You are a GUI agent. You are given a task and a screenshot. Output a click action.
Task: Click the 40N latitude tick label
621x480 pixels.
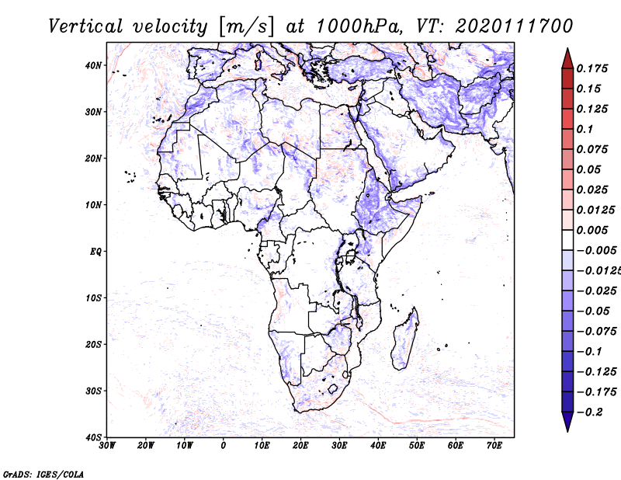93,65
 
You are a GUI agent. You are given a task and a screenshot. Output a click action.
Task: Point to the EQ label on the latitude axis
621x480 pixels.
95,252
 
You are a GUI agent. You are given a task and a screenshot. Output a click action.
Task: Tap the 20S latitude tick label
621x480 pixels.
93,344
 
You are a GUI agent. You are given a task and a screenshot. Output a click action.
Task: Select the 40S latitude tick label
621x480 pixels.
93,437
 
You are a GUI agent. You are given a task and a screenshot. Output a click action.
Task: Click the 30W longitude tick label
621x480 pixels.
107,446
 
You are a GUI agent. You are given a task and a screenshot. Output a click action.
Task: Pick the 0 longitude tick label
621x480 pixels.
224,446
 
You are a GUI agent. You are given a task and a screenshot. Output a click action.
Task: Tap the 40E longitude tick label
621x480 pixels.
379,446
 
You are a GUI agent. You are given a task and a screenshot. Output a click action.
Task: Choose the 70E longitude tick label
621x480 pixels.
495,446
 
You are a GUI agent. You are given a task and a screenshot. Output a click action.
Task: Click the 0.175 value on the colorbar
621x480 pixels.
592,68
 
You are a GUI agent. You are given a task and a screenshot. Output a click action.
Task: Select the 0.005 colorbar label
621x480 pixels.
592,230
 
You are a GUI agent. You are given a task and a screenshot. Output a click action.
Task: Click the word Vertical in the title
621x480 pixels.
85,26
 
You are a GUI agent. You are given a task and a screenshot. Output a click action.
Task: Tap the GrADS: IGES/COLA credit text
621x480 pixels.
44,473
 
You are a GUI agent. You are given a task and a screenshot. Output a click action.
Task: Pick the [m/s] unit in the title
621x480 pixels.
245,26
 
